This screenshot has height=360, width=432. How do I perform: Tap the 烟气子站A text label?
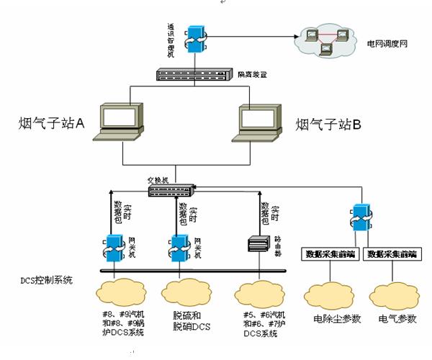point(50,124)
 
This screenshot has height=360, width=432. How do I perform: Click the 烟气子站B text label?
point(328,124)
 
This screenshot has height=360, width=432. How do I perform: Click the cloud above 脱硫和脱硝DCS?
point(186,292)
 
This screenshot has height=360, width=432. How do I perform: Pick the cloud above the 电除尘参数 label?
point(330,296)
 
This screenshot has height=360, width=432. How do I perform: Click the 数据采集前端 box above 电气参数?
point(392,254)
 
